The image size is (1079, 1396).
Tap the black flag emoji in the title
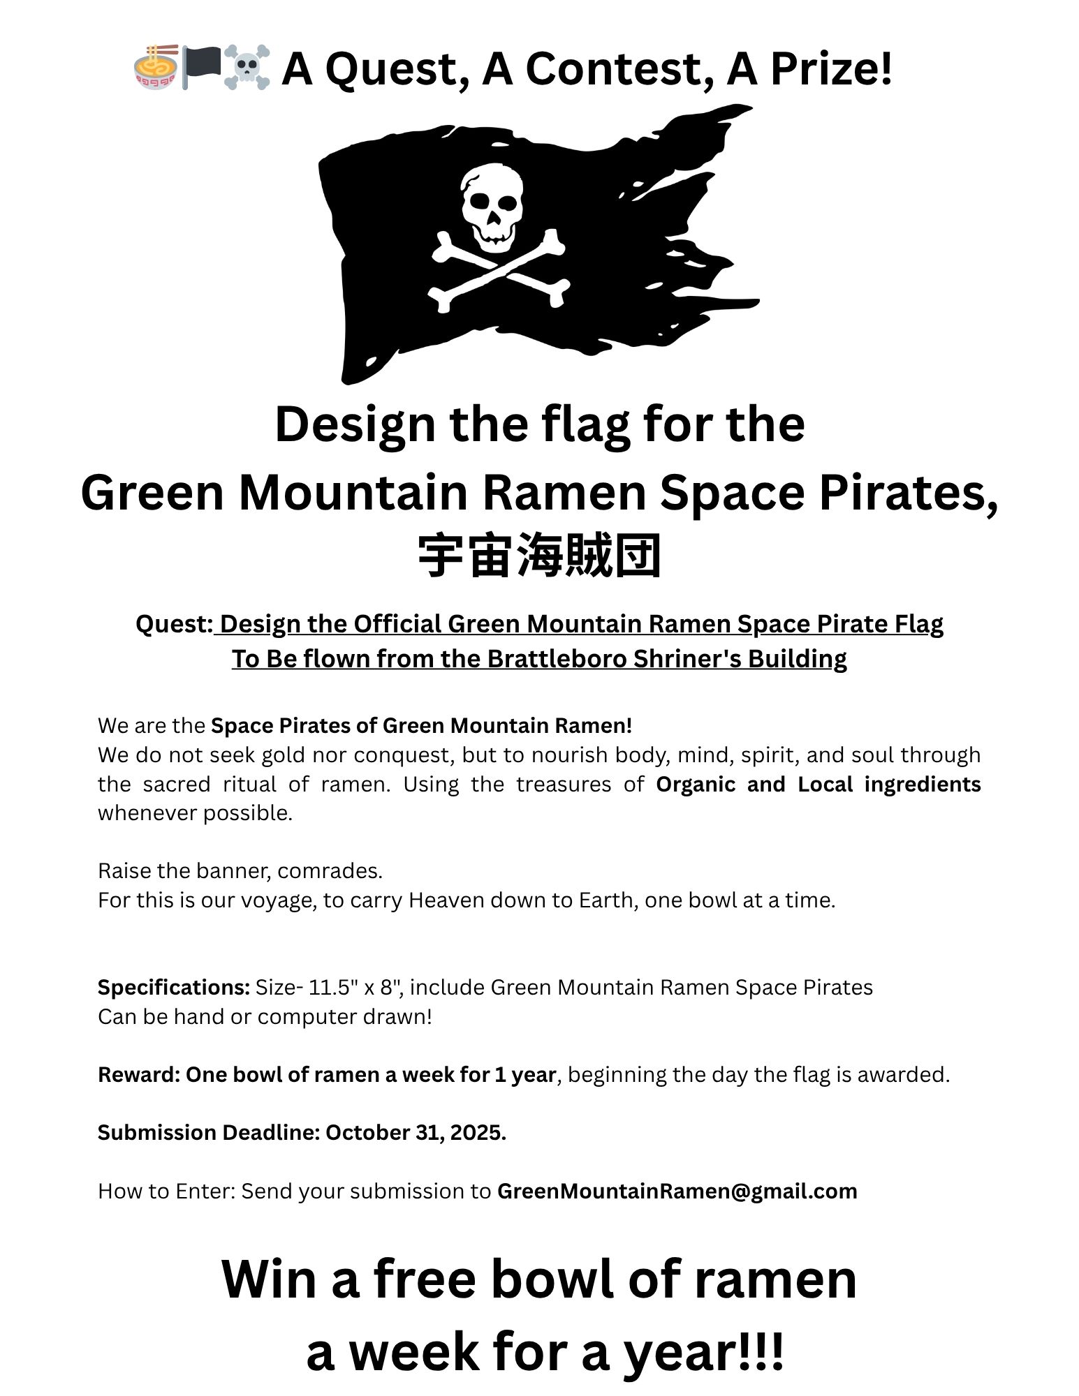tap(201, 67)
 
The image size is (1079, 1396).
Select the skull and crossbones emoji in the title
tap(247, 68)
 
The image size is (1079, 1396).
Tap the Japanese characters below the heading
tap(539, 556)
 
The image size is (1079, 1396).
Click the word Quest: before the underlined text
tap(174, 624)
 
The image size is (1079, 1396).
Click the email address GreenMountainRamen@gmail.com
tap(677, 1191)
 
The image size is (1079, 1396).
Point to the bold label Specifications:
tap(174, 988)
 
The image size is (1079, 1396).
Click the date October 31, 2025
tap(415, 1132)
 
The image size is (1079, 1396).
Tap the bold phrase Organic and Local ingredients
tap(818, 785)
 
